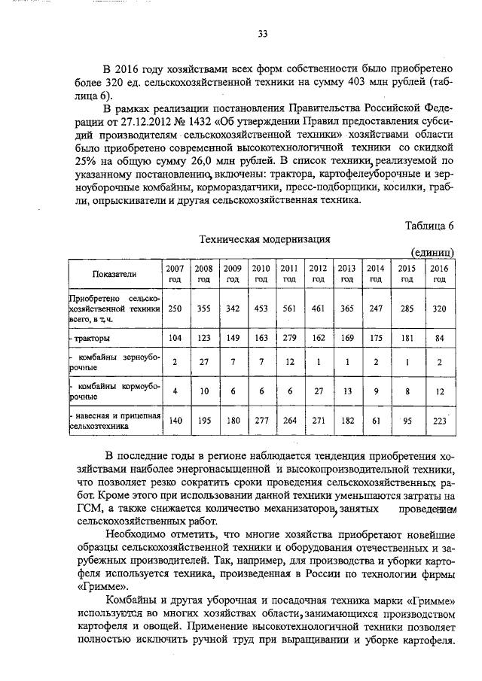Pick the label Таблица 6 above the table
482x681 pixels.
click(x=429, y=226)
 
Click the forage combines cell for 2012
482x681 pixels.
click(x=318, y=391)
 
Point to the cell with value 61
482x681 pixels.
click(x=374, y=421)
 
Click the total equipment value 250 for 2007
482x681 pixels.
click(x=175, y=309)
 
